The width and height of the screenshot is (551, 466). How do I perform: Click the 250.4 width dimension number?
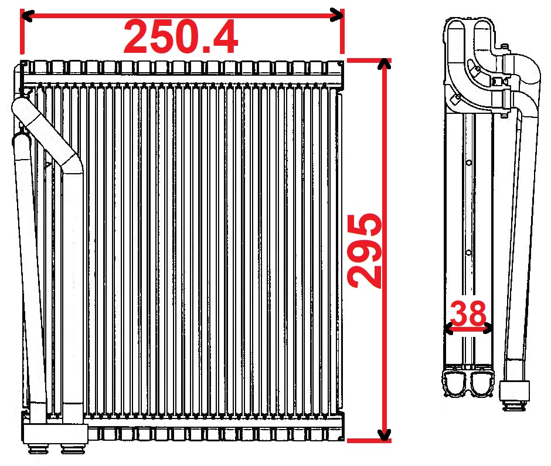coord(181,36)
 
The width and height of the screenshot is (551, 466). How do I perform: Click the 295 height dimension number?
coord(364,251)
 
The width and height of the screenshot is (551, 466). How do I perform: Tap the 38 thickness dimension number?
coord(468,313)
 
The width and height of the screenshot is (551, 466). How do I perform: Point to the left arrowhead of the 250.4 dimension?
coord(26,15)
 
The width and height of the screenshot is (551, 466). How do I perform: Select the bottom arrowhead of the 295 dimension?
coord(386,435)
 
